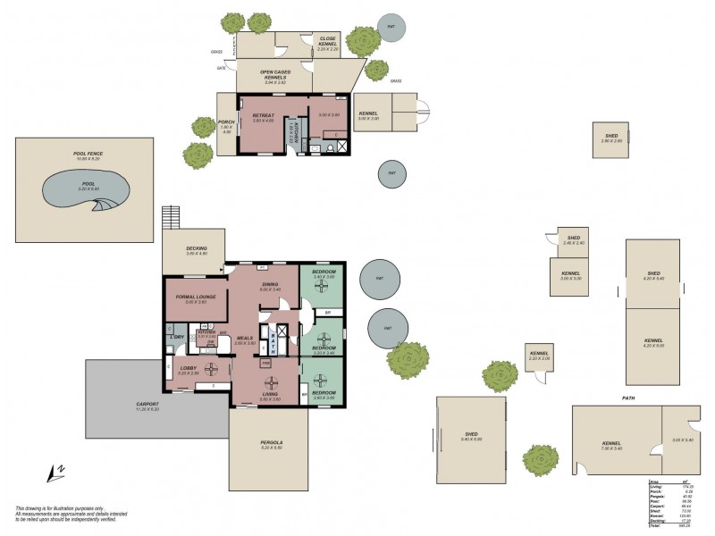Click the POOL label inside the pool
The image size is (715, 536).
[87, 183]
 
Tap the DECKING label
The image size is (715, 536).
[197, 249]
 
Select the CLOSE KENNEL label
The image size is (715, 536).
[328, 40]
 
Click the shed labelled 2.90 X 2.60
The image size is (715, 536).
[611, 138]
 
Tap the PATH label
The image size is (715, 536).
[628, 398]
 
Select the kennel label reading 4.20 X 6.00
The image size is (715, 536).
[654, 342]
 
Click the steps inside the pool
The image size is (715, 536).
[105, 205]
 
